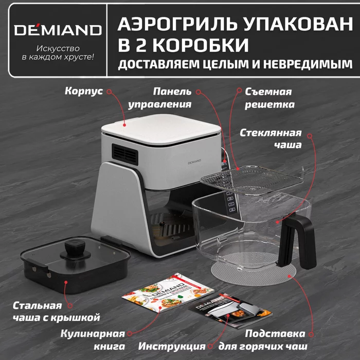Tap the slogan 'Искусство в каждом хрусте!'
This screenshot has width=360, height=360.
pos(58,53)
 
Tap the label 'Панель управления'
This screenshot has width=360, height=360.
pos(172,98)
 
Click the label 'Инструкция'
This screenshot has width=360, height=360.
pos(175,346)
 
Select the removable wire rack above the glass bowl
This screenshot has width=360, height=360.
pos(250,180)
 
